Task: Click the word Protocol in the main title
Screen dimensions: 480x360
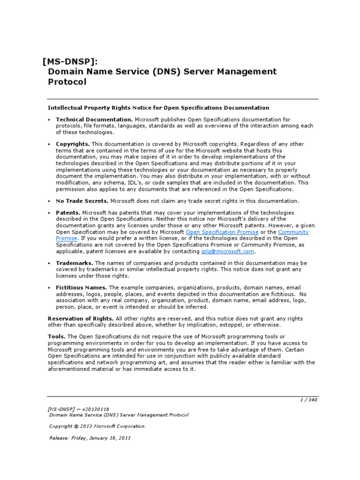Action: tap(67, 82)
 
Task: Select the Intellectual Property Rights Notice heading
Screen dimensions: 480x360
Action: tap(158, 108)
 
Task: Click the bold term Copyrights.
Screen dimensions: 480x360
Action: tap(73, 144)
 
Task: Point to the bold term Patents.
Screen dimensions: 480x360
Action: tap(68, 212)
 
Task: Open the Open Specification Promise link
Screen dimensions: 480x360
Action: tap(222, 232)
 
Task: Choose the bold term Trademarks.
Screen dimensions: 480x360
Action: tap(75, 263)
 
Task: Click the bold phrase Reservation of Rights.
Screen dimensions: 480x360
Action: tap(81, 318)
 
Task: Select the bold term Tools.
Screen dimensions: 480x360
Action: tap(57, 337)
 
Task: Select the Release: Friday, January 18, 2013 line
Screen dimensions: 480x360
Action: tap(90, 438)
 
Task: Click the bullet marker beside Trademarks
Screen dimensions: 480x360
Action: tap(49, 263)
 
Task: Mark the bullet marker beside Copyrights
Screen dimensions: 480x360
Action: tap(49, 144)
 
